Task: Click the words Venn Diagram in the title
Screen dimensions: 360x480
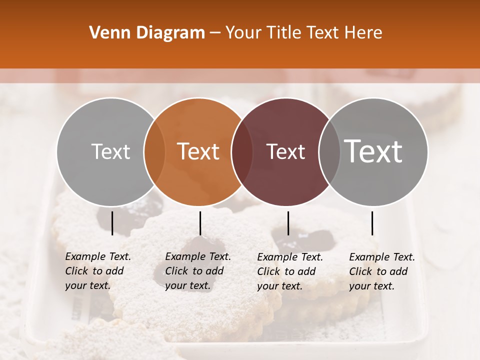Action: (x=147, y=33)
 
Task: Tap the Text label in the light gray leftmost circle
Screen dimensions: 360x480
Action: (x=110, y=152)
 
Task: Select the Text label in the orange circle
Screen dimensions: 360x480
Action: (x=198, y=152)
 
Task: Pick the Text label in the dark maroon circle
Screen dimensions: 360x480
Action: (x=285, y=152)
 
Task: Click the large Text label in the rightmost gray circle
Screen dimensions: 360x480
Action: (x=373, y=151)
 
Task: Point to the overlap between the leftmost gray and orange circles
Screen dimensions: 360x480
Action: (x=154, y=152)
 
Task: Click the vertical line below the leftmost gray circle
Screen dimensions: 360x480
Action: (x=112, y=223)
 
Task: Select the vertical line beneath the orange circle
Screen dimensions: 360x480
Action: (x=200, y=223)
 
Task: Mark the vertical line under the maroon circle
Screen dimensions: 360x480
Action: (x=288, y=223)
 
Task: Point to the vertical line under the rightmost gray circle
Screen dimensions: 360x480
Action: (x=372, y=223)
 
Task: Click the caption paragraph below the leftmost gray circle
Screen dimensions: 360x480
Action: (x=97, y=271)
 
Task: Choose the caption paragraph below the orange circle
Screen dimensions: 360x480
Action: (x=197, y=271)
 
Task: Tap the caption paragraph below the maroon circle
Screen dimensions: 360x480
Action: (x=289, y=271)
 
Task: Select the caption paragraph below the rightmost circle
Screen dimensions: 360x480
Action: (x=381, y=271)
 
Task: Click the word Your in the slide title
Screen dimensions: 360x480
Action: (x=244, y=33)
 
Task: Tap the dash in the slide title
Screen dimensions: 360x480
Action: (x=215, y=33)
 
